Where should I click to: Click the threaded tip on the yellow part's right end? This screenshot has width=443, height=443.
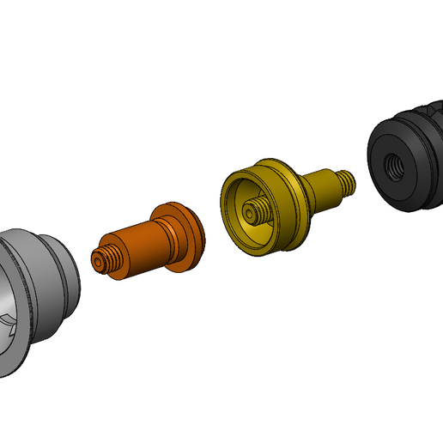pyautogui.click(x=348, y=181)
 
